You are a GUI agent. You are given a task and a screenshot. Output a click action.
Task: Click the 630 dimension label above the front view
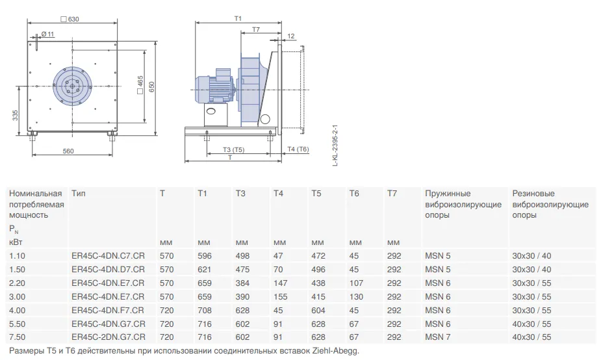click(x=70, y=19)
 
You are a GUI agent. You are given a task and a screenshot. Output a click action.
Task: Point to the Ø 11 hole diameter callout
click(x=48, y=34)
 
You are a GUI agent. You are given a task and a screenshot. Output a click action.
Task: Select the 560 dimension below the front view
click(x=68, y=151)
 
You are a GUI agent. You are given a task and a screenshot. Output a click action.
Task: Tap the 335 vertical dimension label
click(x=16, y=116)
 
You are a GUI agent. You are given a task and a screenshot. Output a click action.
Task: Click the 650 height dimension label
click(x=152, y=86)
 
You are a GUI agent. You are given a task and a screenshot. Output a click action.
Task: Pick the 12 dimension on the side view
click(x=291, y=36)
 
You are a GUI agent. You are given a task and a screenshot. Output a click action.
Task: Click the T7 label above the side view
click(x=256, y=29)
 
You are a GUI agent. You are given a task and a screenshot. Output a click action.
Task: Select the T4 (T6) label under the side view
click(x=298, y=149)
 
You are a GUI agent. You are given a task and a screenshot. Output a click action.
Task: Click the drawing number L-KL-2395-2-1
click(x=335, y=145)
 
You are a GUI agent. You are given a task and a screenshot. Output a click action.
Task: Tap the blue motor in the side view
click(x=214, y=88)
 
